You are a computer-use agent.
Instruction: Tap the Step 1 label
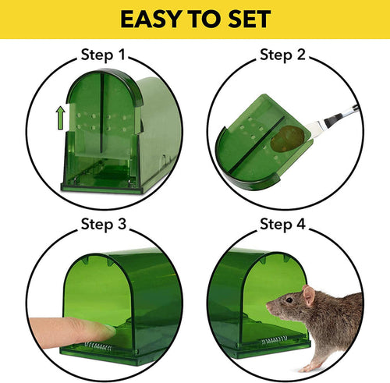(x=102, y=55)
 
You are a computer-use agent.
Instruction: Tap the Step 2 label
(x=282, y=55)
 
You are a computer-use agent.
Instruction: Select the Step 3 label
(x=103, y=225)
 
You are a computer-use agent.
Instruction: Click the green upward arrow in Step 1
(x=58, y=119)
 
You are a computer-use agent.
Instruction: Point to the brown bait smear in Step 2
(x=282, y=139)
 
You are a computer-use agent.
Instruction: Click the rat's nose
(x=268, y=309)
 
